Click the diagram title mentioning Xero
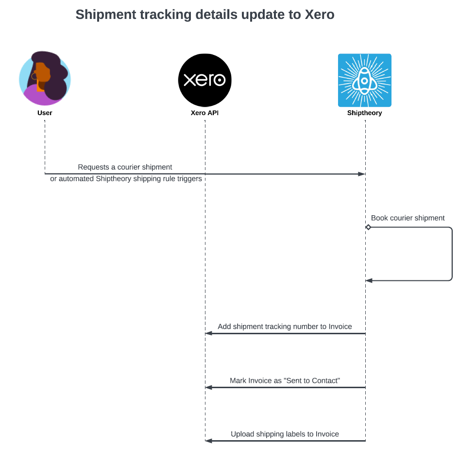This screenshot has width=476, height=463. [x=205, y=15]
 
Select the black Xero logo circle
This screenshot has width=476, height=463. [x=205, y=80]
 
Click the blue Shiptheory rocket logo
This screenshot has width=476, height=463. [x=364, y=80]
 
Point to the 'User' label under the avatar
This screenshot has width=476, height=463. [x=45, y=113]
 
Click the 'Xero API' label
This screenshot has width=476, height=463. [x=205, y=113]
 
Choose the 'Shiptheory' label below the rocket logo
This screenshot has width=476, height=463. [x=364, y=113]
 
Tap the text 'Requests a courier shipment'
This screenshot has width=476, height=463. [x=125, y=167]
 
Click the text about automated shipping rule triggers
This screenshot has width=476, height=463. [x=126, y=179]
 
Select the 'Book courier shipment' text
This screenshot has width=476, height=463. [x=408, y=218]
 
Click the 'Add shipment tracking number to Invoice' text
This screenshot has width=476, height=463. [x=285, y=326]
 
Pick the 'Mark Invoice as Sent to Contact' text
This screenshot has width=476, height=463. [x=285, y=380]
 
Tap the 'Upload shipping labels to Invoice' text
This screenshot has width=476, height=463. [x=285, y=434]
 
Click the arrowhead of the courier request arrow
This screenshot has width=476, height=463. [x=361, y=173]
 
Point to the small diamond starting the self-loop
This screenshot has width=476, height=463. [x=368, y=227]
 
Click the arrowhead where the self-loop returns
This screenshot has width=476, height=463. [x=369, y=280]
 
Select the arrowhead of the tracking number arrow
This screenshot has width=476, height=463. [x=209, y=333]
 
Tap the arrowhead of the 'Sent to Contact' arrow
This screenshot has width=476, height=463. [x=209, y=387]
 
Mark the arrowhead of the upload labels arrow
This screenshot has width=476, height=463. [x=209, y=441]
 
